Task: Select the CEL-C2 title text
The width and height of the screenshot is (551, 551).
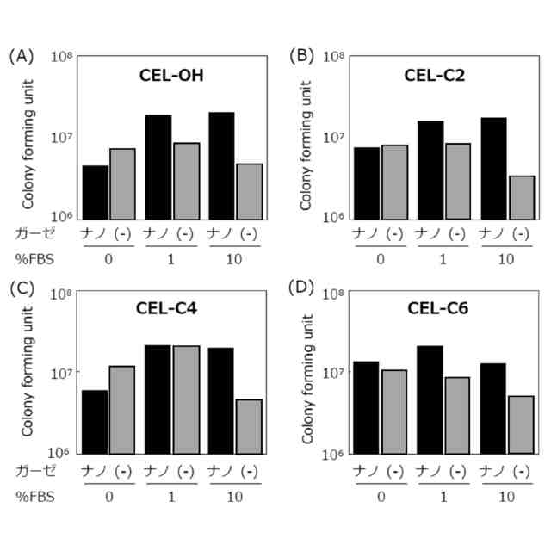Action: [x=435, y=75]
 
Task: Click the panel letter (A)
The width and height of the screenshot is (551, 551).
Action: [x=21, y=57]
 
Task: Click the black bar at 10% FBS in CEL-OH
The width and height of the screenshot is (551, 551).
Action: [x=222, y=166]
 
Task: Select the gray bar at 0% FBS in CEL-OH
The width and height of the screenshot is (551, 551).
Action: [x=123, y=184]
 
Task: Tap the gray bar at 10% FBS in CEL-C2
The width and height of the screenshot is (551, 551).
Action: [x=522, y=197]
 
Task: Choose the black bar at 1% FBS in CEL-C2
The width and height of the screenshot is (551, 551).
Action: [x=430, y=170]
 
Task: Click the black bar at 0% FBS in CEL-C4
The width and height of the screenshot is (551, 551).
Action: [x=95, y=422]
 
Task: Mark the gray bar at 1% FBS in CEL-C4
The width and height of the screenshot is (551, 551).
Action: [x=186, y=399]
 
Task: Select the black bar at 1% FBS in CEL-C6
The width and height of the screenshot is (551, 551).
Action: [x=430, y=399]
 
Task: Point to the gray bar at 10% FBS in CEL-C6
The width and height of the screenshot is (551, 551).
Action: [x=522, y=424]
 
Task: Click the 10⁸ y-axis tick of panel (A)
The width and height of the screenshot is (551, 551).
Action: [x=61, y=58]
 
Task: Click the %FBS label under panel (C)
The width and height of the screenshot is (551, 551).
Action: [x=34, y=497]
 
